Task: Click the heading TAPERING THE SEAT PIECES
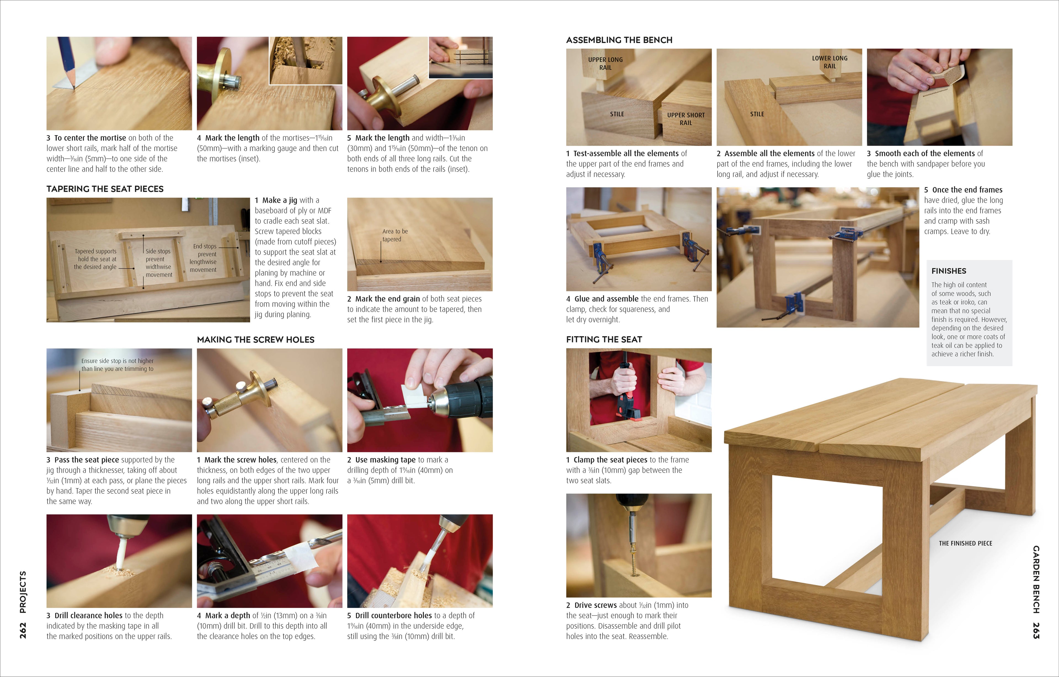point(105,189)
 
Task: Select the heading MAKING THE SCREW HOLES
point(256,340)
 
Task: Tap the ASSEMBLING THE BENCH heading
point(619,40)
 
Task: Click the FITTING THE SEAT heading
point(604,339)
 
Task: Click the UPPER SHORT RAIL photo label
point(686,119)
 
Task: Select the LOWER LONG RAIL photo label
point(830,62)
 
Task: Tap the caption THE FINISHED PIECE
point(965,543)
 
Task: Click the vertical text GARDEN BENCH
point(1036,579)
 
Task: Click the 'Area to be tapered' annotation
point(394,235)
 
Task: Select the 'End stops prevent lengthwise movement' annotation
point(204,258)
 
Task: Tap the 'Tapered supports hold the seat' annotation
point(95,259)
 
